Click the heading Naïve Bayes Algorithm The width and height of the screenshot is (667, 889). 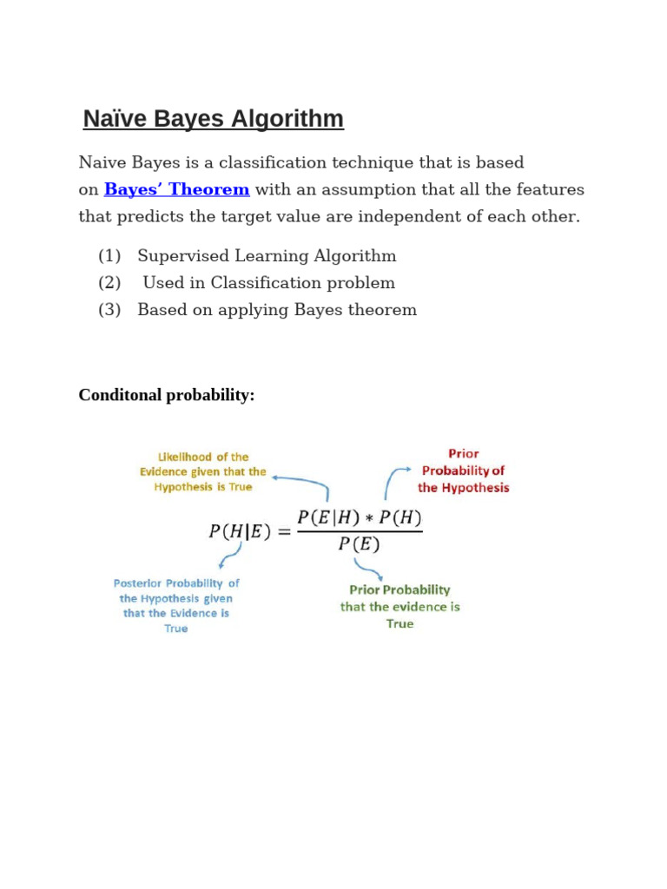tap(214, 119)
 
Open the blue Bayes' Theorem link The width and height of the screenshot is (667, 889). tap(176, 189)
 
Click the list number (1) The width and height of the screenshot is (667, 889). tap(109, 256)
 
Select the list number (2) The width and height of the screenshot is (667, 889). tap(109, 283)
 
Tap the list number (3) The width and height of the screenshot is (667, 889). tap(109, 310)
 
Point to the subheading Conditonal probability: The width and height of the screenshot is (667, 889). tap(167, 395)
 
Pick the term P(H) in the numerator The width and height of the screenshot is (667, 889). tap(400, 518)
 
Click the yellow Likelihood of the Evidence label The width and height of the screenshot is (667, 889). tap(203, 471)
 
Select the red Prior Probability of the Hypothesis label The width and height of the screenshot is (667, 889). tap(463, 471)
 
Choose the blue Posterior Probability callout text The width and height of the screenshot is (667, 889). tap(176, 605)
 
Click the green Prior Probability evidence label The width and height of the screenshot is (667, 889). tap(400, 606)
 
